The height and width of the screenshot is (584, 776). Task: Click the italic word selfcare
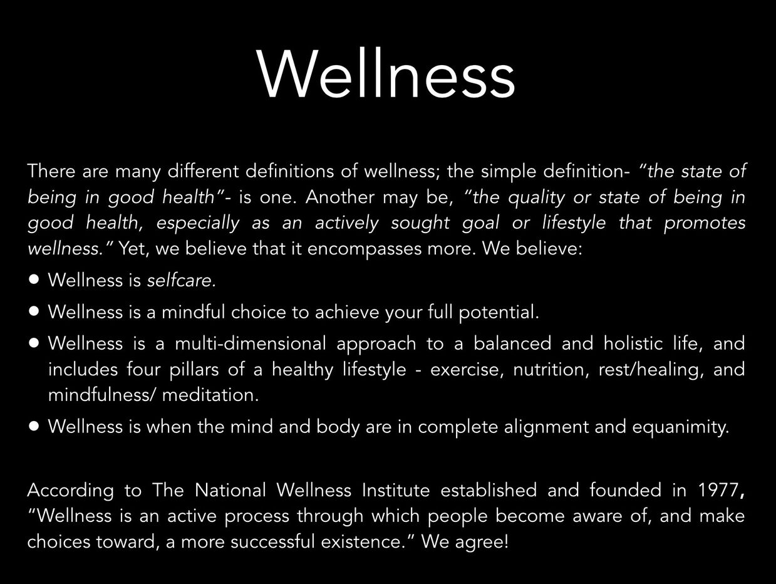tap(182, 280)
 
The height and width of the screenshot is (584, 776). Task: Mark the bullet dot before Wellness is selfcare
tap(34, 279)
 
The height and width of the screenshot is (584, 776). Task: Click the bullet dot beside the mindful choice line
tap(34, 311)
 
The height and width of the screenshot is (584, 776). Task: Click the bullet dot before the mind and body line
tap(34, 426)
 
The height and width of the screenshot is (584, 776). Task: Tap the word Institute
tap(398, 490)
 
